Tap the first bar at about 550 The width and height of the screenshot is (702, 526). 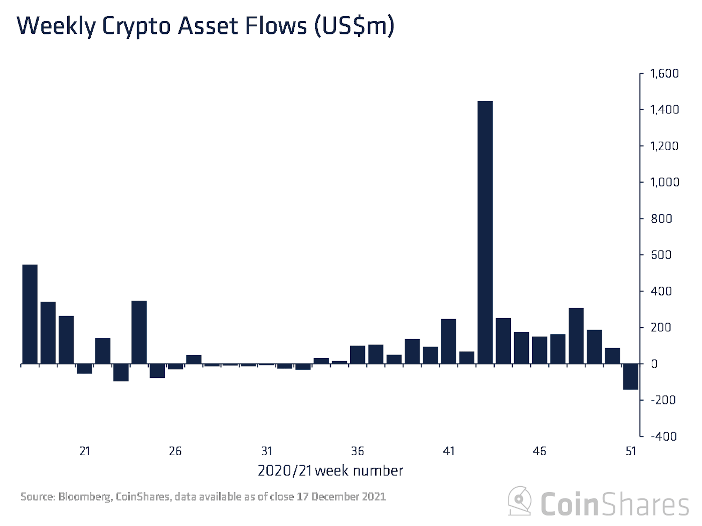tap(30, 314)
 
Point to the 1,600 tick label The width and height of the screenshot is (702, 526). tap(664, 74)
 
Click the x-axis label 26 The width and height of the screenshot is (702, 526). tap(175, 451)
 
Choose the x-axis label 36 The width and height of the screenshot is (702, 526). tap(357, 451)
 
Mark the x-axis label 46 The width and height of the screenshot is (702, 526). tap(539, 451)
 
